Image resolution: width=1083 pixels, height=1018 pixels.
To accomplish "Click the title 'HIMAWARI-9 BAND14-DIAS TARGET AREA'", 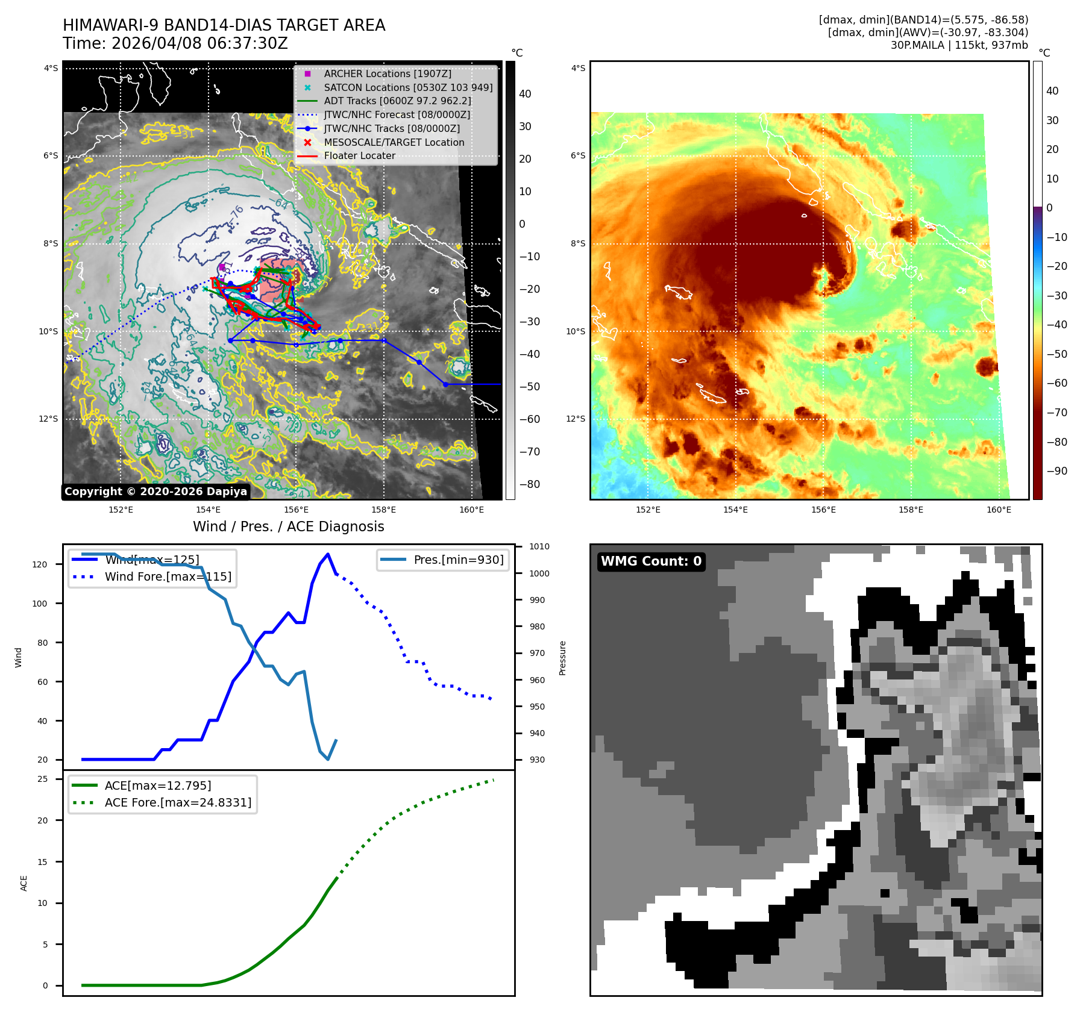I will [224, 25].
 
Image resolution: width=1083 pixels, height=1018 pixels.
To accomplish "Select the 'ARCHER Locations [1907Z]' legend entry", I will [387, 73].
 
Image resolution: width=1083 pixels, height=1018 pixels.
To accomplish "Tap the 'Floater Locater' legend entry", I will [359, 155].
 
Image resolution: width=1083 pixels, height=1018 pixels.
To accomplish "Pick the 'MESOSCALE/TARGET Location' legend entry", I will [394, 142].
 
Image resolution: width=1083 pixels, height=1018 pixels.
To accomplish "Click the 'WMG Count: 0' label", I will [651, 561].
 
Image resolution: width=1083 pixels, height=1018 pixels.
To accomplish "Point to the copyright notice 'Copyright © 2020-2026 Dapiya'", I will [155, 492].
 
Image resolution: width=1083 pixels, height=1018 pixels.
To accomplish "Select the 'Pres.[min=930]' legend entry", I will [458, 560].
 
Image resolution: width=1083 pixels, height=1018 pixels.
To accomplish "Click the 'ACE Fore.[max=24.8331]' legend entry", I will [178, 802].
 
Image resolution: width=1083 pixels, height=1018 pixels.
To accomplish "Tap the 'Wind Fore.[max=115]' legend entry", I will [168, 576].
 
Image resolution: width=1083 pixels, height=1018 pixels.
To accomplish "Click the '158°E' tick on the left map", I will [384, 510].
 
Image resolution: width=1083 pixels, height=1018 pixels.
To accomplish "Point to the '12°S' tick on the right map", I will [576, 419].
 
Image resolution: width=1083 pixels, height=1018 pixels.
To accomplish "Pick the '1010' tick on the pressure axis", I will [539, 547].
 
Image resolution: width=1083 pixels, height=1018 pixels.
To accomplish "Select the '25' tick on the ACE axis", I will [42, 779].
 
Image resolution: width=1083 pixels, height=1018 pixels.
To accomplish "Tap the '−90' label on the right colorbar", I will [1056, 471].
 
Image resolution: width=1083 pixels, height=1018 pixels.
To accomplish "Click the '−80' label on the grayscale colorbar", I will [530, 484].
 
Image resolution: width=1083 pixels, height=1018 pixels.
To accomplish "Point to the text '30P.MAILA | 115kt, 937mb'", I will [959, 45].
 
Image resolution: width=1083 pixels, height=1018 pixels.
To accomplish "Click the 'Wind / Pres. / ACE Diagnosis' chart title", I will [288, 526].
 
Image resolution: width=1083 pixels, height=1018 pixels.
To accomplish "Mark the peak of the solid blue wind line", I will [328, 554].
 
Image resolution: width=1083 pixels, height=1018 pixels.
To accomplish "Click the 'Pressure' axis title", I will [562, 658].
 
